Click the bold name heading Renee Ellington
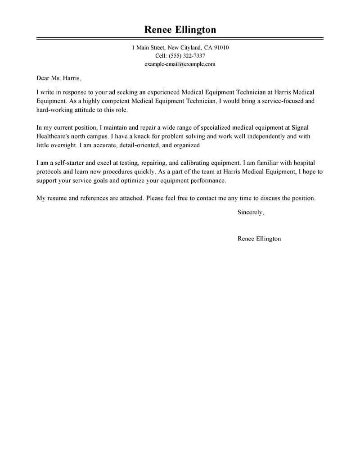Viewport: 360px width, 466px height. [180, 30]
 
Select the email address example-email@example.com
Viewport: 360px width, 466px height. [180, 64]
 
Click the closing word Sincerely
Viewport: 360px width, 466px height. [250, 212]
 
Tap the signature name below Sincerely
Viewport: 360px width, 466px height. [259, 239]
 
